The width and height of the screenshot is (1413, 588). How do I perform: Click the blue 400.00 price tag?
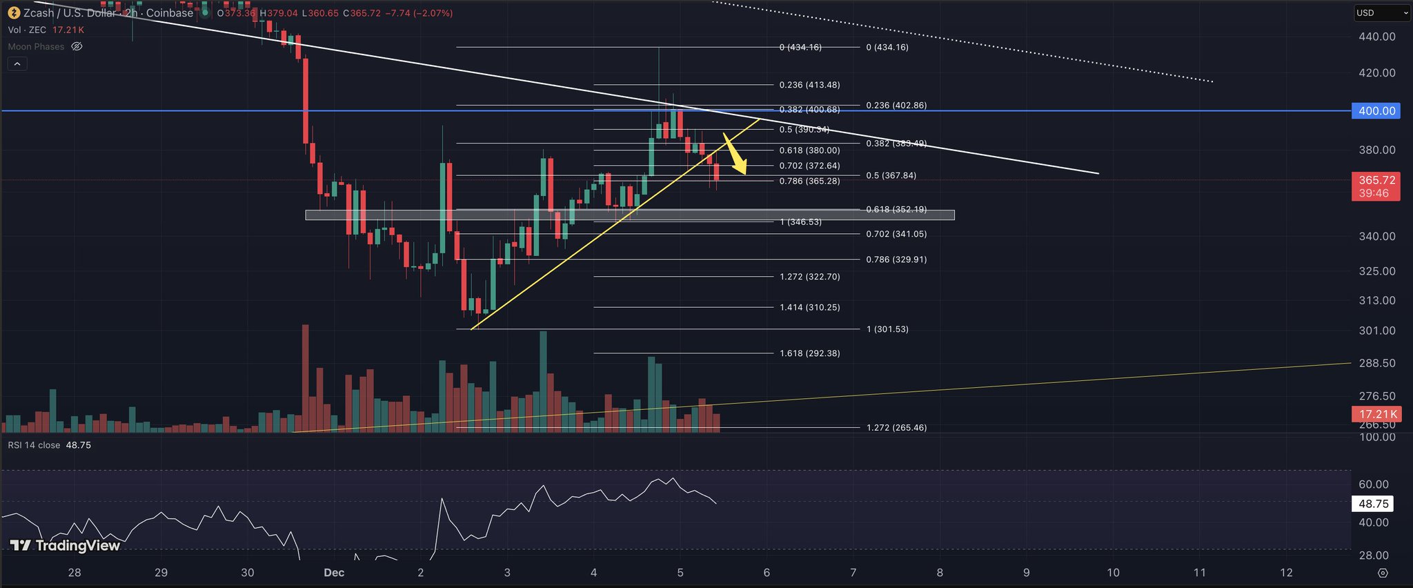[1376, 111]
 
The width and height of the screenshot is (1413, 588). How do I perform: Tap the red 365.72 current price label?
[1376, 180]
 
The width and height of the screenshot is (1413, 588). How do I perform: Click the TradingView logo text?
[66, 546]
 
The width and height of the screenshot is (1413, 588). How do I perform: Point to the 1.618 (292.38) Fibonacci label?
[809, 353]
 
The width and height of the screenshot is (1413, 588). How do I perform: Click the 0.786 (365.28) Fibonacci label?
[809, 182]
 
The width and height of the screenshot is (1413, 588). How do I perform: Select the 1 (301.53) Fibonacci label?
[887, 329]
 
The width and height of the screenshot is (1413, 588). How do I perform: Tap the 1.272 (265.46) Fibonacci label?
[896, 428]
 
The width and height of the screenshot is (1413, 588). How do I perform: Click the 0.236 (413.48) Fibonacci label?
[809, 85]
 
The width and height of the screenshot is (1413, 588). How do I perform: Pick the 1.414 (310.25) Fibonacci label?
[809, 307]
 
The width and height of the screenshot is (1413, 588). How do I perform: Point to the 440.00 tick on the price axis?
[1376, 37]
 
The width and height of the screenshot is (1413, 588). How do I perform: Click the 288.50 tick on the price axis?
[1376, 363]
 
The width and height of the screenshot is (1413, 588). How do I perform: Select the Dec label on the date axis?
[334, 573]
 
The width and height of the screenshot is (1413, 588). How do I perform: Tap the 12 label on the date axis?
[1286, 573]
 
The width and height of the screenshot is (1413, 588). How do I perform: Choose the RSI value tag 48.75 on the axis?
[1372, 504]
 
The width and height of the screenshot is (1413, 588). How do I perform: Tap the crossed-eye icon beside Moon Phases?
[77, 47]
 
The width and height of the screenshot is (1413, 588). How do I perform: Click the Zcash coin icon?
[14, 13]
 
